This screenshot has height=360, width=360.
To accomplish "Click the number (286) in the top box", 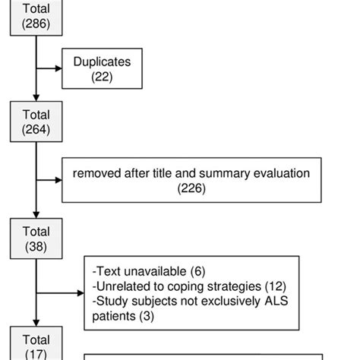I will tap(36, 24).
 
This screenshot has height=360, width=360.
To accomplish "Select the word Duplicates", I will tap(101, 62).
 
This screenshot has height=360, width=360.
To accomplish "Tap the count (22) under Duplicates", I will tap(101, 77).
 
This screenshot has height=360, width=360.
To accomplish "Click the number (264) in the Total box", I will tap(36, 129).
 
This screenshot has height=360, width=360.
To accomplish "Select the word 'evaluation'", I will tap(282, 174).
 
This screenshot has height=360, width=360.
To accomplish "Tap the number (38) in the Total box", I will tap(36, 246).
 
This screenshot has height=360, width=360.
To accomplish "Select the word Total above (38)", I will tap(36, 232).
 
